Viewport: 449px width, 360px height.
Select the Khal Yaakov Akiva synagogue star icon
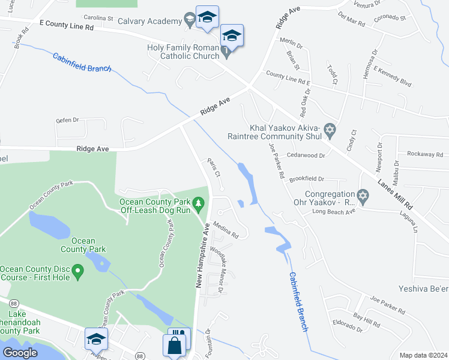click(329, 130)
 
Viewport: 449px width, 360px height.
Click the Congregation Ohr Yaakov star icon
click(362, 196)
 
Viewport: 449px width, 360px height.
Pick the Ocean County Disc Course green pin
click(77, 274)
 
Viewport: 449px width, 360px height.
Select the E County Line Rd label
click(67, 26)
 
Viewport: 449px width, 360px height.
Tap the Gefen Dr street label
click(67, 120)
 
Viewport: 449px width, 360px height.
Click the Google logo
click(20, 353)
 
